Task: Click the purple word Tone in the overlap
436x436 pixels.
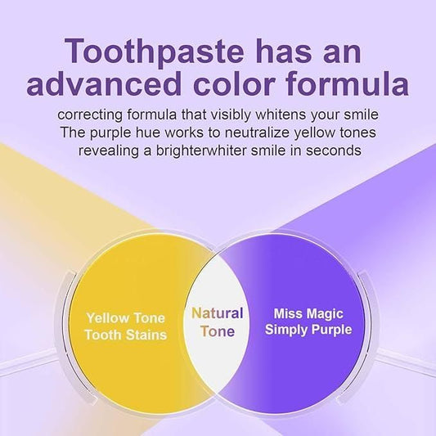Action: click(x=217, y=330)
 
